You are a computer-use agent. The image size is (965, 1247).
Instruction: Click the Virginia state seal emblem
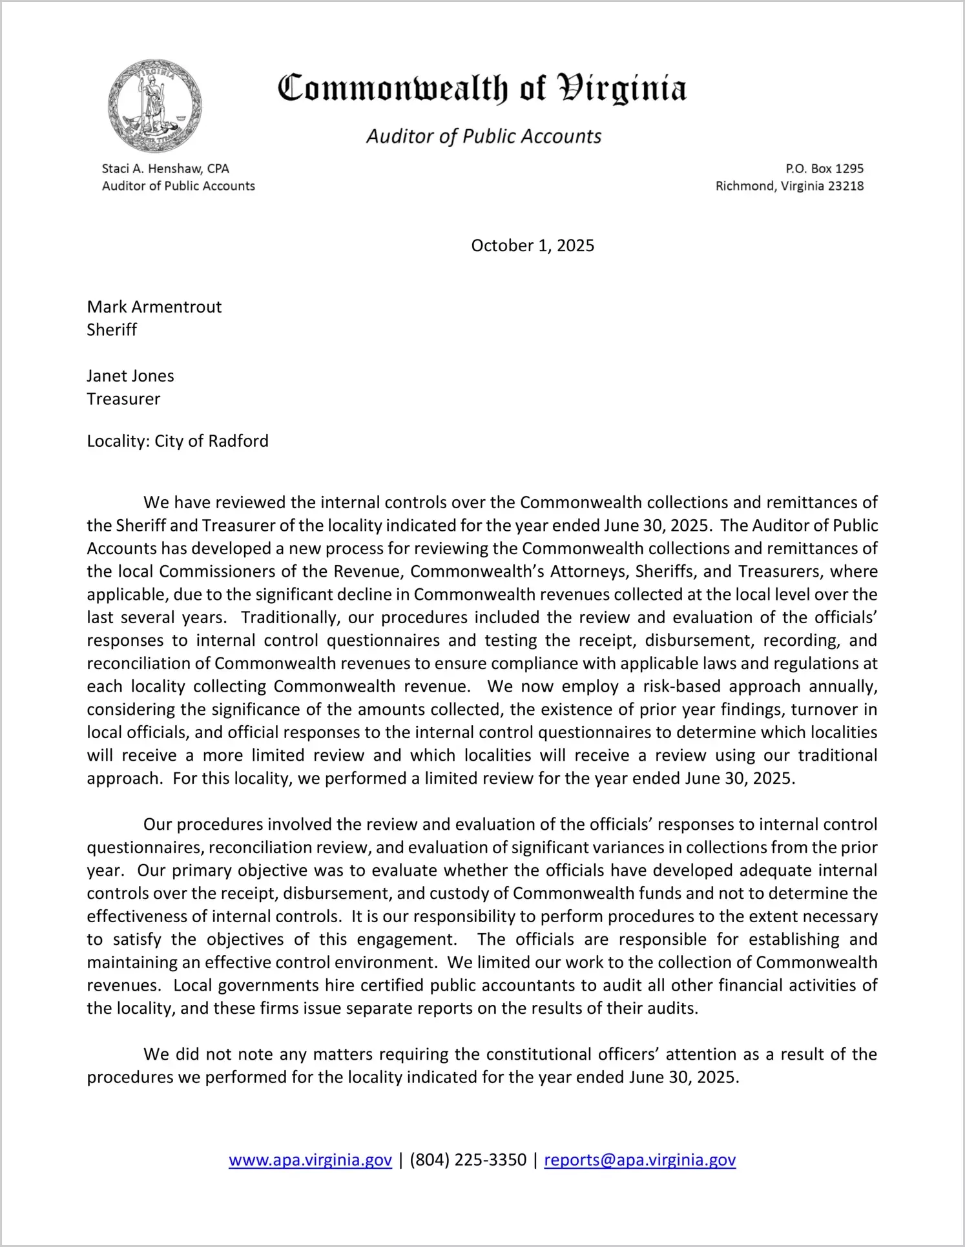pyautogui.click(x=155, y=107)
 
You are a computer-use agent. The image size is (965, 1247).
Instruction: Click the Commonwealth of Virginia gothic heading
pyautogui.click(x=482, y=88)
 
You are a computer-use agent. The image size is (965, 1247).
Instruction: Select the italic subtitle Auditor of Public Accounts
pyautogui.click(x=484, y=136)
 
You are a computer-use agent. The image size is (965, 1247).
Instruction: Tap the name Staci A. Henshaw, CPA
pyautogui.click(x=165, y=169)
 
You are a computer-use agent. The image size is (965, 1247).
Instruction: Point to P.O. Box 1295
pyautogui.click(x=824, y=169)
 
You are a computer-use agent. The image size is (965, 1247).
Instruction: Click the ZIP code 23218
pyautogui.click(x=846, y=186)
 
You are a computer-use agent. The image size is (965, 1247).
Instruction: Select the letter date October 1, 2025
pyautogui.click(x=532, y=245)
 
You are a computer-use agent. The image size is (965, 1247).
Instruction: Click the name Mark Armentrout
pyautogui.click(x=154, y=307)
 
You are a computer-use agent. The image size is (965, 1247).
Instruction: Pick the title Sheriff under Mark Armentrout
pyautogui.click(x=112, y=330)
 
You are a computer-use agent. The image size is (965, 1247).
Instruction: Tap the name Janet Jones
pyautogui.click(x=130, y=376)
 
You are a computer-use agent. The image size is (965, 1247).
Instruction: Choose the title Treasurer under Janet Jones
pyautogui.click(x=123, y=399)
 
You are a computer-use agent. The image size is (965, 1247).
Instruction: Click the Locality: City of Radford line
pyautogui.click(x=178, y=441)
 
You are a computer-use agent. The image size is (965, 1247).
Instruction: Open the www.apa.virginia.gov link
pyautogui.click(x=310, y=1160)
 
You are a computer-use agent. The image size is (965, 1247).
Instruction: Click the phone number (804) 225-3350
pyautogui.click(x=468, y=1160)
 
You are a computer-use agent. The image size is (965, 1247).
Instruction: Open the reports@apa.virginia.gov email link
pyautogui.click(x=639, y=1160)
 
